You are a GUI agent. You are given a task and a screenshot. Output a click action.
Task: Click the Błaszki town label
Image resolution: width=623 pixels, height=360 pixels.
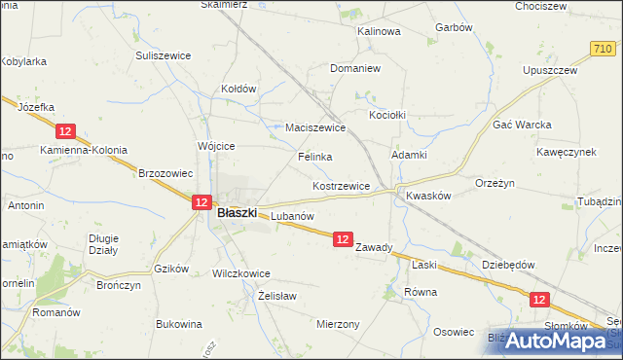[x=237, y=212]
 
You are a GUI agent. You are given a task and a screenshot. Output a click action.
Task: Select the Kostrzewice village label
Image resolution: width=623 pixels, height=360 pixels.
[x=340, y=186]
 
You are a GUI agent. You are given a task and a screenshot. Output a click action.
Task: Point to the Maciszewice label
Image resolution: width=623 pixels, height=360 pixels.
[x=315, y=127]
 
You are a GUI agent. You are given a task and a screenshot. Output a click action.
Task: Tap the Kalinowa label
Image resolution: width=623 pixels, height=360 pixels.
[x=379, y=31]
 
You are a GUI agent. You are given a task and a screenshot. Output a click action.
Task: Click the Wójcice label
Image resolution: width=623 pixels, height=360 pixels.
[x=216, y=146]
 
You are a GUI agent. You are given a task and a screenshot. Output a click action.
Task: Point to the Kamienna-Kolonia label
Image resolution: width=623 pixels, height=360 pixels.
[x=84, y=150]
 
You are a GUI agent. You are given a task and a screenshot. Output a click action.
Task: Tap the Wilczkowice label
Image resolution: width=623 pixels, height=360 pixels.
[x=241, y=274]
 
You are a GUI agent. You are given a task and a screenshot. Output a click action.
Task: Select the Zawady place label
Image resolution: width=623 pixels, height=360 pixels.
[x=374, y=247]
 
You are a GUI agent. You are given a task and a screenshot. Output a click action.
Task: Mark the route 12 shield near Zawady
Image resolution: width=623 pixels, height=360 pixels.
[x=342, y=238]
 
